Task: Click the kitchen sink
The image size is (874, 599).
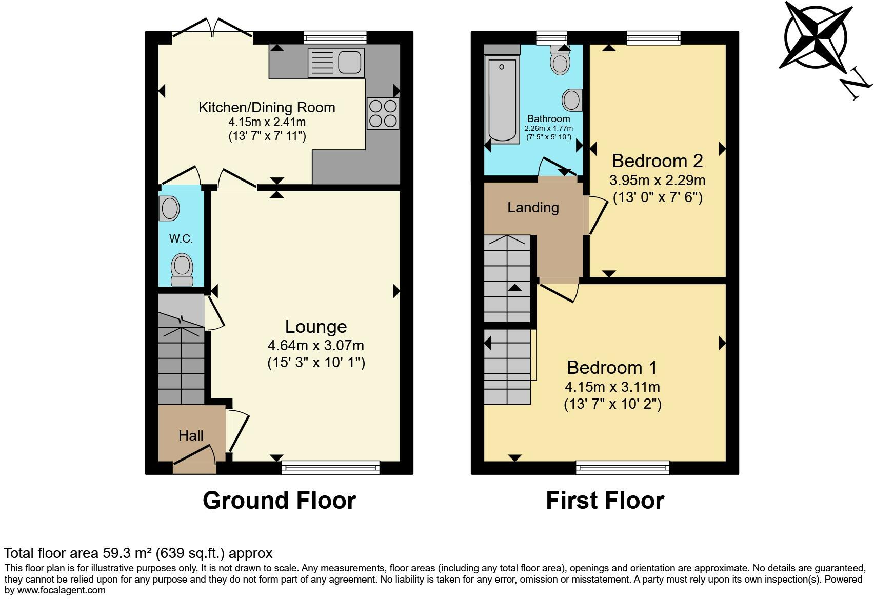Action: click(336, 63)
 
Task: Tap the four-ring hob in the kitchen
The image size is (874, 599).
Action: click(383, 113)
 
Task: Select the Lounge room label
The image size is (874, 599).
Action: click(316, 327)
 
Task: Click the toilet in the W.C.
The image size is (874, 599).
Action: click(182, 270)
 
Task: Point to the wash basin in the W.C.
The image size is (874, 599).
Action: click(169, 208)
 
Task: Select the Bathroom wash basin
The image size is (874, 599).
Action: click(572, 101)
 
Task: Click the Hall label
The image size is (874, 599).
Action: click(191, 435)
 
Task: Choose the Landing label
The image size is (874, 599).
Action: click(533, 208)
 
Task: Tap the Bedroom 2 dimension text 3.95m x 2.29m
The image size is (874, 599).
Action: click(658, 181)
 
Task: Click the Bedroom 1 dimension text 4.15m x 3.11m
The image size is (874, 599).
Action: click(612, 387)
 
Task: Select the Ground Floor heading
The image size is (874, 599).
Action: click(280, 500)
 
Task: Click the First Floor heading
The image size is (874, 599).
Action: click(605, 500)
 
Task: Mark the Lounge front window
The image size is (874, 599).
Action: click(330, 468)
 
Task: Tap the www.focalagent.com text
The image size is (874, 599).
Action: click(61, 590)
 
